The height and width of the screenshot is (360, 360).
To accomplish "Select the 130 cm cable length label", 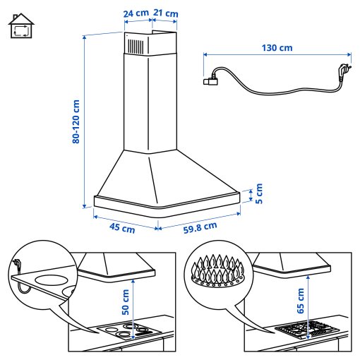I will click(x=277, y=48).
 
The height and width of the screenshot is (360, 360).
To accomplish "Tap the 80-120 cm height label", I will click(x=76, y=121).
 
